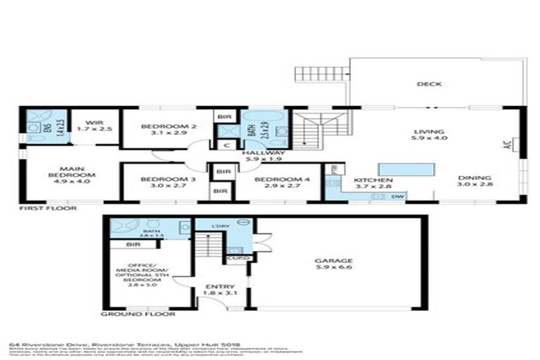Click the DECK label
pos(428,84)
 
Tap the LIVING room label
pos(428,131)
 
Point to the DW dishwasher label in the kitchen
pos(397,196)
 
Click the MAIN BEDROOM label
pos(67,173)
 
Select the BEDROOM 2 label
pos(167,127)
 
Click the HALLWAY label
pos(263,153)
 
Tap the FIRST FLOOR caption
pos(48,209)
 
